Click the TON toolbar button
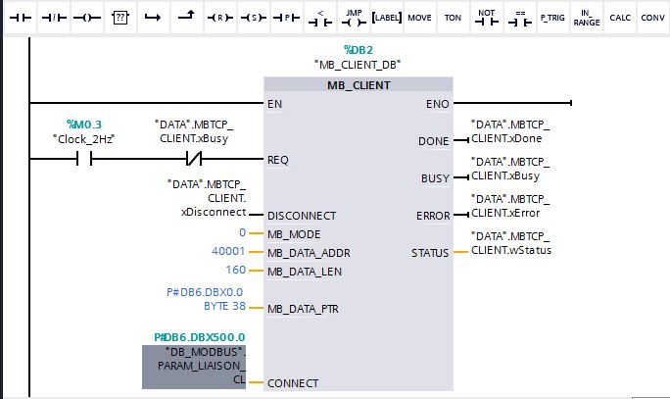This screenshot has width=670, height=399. click(453, 18)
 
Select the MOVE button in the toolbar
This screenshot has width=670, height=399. click(419, 18)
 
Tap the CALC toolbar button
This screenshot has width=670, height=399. click(619, 18)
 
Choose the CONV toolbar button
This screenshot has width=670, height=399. click(652, 18)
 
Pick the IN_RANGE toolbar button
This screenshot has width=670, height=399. click(586, 18)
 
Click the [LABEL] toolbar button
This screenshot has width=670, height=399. click(386, 18)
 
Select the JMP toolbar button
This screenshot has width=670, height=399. click(353, 18)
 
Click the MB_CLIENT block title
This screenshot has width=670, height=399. click(359, 85)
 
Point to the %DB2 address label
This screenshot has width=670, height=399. click(358, 49)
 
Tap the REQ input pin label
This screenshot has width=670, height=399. click(278, 159)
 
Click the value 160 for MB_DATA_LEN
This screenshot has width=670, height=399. click(236, 270)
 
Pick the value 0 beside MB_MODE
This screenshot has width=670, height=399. click(242, 233)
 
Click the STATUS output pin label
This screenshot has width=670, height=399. click(430, 253)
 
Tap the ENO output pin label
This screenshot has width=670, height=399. click(439, 103)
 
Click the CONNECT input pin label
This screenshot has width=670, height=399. click(293, 383)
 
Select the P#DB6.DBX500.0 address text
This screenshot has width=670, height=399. click(199, 336)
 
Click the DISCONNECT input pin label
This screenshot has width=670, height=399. click(302, 216)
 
